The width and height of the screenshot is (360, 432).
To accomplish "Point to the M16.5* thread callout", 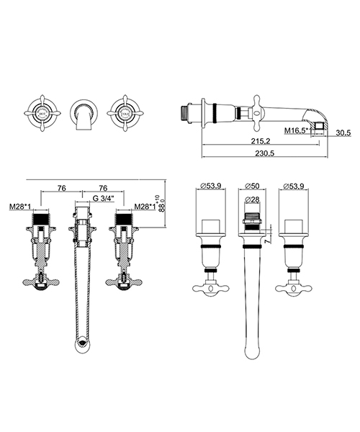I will click(x=295, y=131).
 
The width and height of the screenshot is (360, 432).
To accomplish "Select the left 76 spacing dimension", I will click(x=61, y=187).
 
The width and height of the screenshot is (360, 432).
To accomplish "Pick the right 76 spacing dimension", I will click(x=103, y=187).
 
